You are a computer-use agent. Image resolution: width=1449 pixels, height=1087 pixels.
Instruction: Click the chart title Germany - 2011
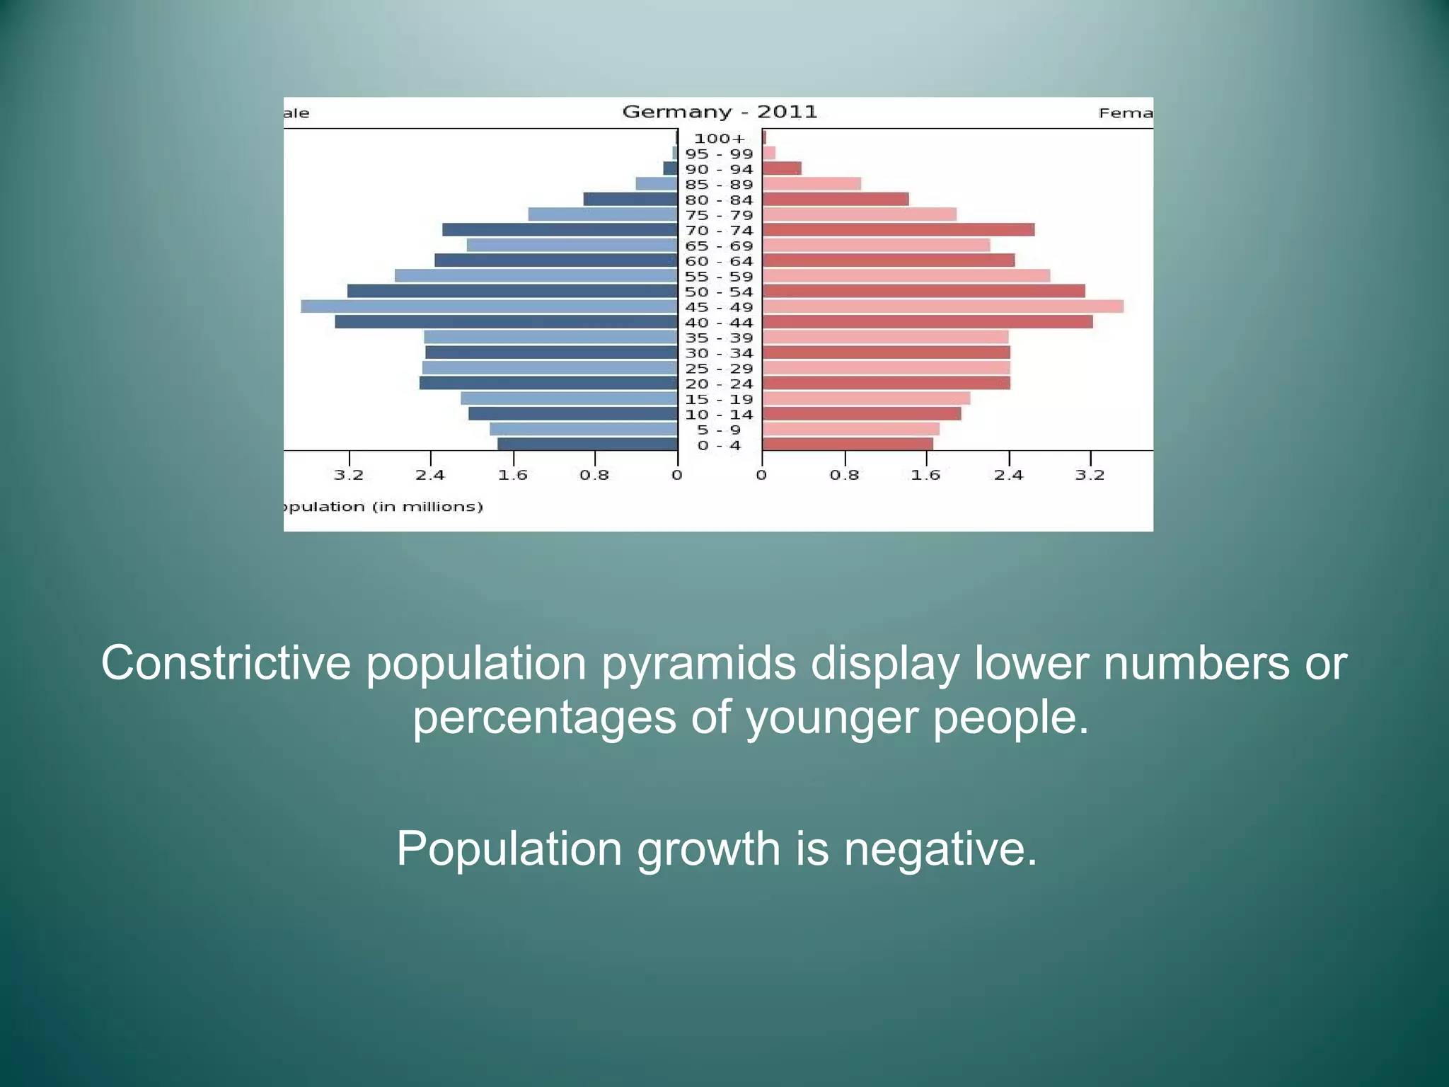(x=720, y=112)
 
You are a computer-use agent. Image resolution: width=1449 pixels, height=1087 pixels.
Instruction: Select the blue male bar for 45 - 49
(x=488, y=306)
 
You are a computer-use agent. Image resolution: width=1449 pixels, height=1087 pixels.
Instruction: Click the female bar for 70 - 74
(x=898, y=230)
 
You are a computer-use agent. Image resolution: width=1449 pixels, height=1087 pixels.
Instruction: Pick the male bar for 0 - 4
(x=587, y=444)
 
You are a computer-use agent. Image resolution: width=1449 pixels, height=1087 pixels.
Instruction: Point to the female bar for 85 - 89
(x=812, y=184)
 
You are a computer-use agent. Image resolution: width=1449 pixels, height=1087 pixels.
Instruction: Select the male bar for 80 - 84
(x=630, y=200)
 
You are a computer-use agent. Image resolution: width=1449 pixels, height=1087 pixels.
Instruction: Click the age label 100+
(x=720, y=139)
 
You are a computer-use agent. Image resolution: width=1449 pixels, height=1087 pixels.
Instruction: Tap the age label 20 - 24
(x=719, y=384)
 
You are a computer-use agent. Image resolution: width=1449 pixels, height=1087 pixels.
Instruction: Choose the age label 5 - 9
(x=719, y=430)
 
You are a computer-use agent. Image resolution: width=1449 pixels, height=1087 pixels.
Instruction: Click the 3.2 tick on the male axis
(x=349, y=475)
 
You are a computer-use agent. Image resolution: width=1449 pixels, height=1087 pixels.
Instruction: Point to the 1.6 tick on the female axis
(x=926, y=475)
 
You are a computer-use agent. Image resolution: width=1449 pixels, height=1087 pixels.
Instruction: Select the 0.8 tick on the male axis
(x=594, y=475)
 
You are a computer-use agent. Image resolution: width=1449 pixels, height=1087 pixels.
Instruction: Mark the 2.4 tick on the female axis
(x=1008, y=475)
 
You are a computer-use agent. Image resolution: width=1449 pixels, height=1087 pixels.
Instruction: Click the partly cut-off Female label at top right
(x=1125, y=113)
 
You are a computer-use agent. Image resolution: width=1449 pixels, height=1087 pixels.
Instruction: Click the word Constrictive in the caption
(x=226, y=663)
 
